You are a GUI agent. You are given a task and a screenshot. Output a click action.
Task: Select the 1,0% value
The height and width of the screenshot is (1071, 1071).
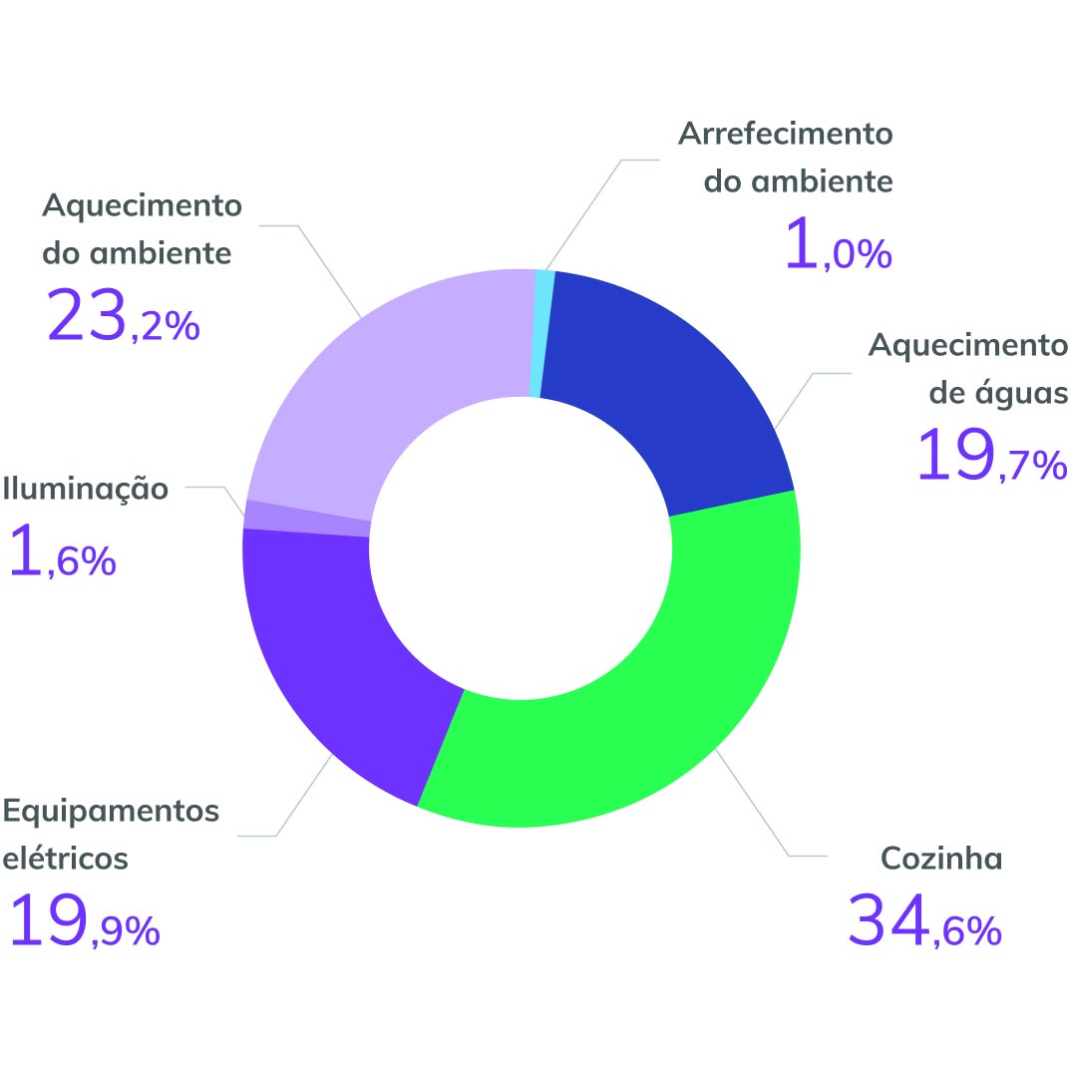tap(838, 245)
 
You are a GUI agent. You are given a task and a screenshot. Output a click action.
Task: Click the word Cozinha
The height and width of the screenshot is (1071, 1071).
tap(941, 858)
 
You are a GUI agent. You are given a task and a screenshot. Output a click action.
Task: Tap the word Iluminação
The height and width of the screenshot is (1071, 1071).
tap(86, 490)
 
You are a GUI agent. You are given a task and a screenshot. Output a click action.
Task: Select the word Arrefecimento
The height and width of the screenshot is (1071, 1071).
tap(786, 134)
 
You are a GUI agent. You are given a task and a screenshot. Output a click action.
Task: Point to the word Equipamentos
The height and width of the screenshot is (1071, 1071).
tap(111, 811)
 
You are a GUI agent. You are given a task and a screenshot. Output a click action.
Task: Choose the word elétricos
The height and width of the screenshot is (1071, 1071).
tap(66, 858)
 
